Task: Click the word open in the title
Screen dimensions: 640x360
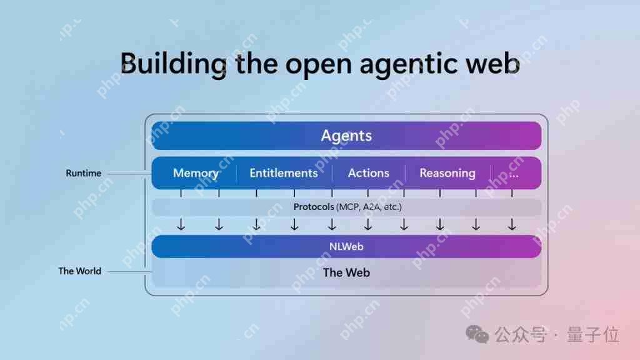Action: pyautogui.click(x=318, y=66)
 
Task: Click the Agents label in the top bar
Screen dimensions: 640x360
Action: pyautogui.click(x=346, y=136)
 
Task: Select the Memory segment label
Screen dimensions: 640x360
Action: pyautogui.click(x=196, y=174)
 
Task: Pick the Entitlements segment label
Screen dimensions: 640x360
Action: pyautogui.click(x=284, y=173)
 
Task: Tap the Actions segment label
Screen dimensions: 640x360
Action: pyautogui.click(x=369, y=173)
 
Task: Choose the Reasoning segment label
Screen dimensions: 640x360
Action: pyautogui.click(x=447, y=174)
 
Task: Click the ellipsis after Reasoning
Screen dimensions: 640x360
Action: pyautogui.click(x=514, y=176)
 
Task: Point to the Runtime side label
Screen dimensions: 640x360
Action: pyautogui.click(x=84, y=173)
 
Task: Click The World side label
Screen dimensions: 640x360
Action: pyautogui.click(x=79, y=271)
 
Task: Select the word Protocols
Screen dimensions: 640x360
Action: pyautogui.click(x=314, y=207)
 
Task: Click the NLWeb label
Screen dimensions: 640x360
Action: pyautogui.click(x=346, y=246)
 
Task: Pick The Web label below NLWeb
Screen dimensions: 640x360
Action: pyautogui.click(x=346, y=272)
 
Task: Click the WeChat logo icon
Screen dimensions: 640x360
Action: pyautogui.click(x=477, y=334)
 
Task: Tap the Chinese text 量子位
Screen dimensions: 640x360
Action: pyautogui.click(x=593, y=335)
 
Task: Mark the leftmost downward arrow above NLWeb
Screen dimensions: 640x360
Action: pyautogui.click(x=181, y=224)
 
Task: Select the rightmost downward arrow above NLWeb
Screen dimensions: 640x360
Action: pyautogui.click(x=512, y=224)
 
